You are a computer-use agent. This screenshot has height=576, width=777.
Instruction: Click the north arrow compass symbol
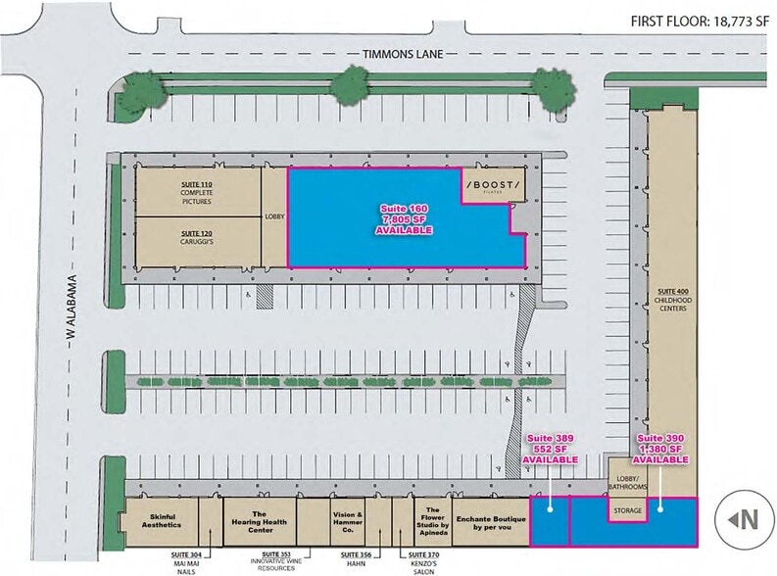pos(744,520)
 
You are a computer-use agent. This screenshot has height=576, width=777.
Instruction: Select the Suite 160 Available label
pos(405,219)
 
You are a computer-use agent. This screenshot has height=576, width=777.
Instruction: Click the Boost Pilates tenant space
pos(494,187)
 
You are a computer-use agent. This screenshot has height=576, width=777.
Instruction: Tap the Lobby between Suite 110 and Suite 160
pos(273,217)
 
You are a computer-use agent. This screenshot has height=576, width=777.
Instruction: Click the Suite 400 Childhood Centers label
pos(673,300)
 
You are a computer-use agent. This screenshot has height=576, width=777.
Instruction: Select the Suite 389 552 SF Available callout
pos(550,449)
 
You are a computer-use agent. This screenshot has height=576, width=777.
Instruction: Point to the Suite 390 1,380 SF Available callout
pos(659,449)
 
